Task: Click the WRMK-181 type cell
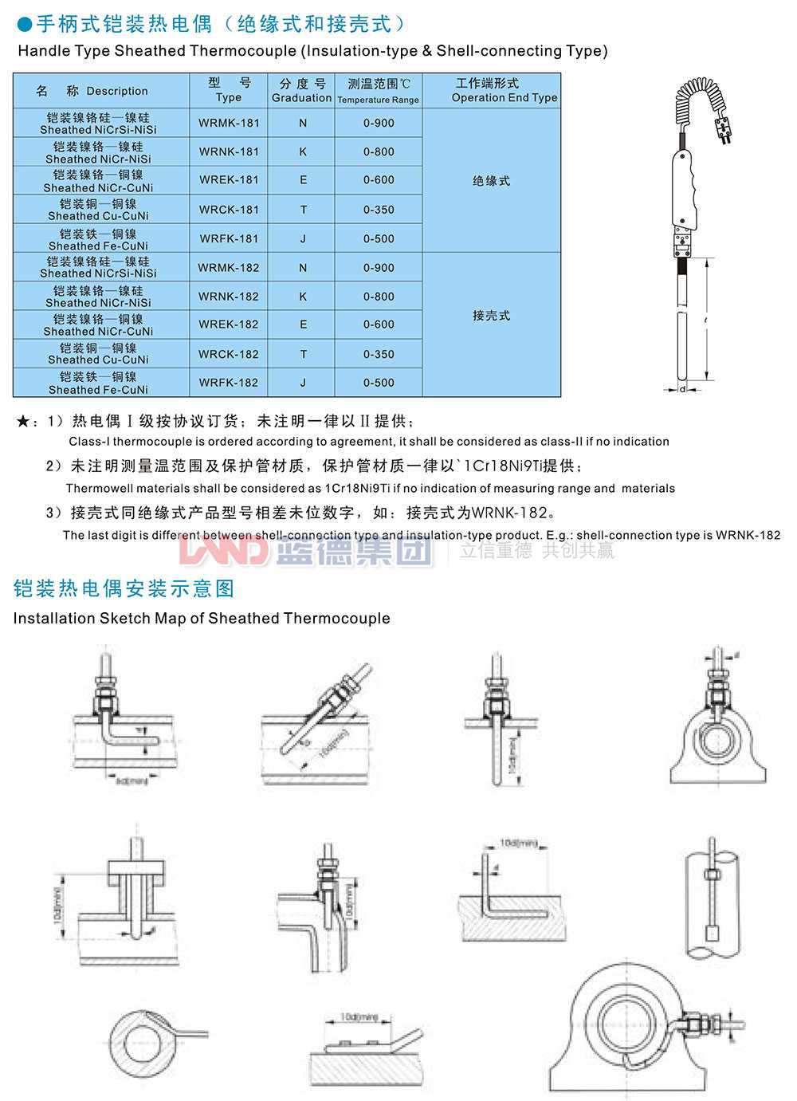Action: pyautogui.click(x=229, y=124)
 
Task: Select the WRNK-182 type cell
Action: pyautogui.click(x=229, y=297)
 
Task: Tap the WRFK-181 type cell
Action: pyautogui.click(x=229, y=238)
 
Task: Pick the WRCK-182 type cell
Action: pyautogui.click(x=229, y=354)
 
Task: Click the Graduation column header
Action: pyautogui.click(x=301, y=90)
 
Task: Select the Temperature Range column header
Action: pyautogui.click(x=379, y=90)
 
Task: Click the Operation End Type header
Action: pyautogui.click(x=492, y=90)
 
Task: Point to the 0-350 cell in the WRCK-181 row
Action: pyautogui.click(x=379, y=210)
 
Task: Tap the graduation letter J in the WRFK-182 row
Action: pyautogui.click(x=303, y=383)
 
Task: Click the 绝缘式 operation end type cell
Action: pyautogui.click(x=491, y=181)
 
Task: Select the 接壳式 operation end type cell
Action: pyautogui.click(x=491, y=316)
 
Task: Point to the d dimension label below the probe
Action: pyautogui.click(x=683, y=389)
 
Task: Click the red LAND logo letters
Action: pyautogui.click(x=225, y=550)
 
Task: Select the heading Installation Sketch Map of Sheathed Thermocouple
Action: pyautogui.click(x=202, y=618)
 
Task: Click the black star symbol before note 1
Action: pyautogui.click(x=22, y=421)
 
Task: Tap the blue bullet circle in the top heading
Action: pyautogui.click(x=24, y=25)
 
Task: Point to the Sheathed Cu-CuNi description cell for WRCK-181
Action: pyautogui.click(x=98, y=210)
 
